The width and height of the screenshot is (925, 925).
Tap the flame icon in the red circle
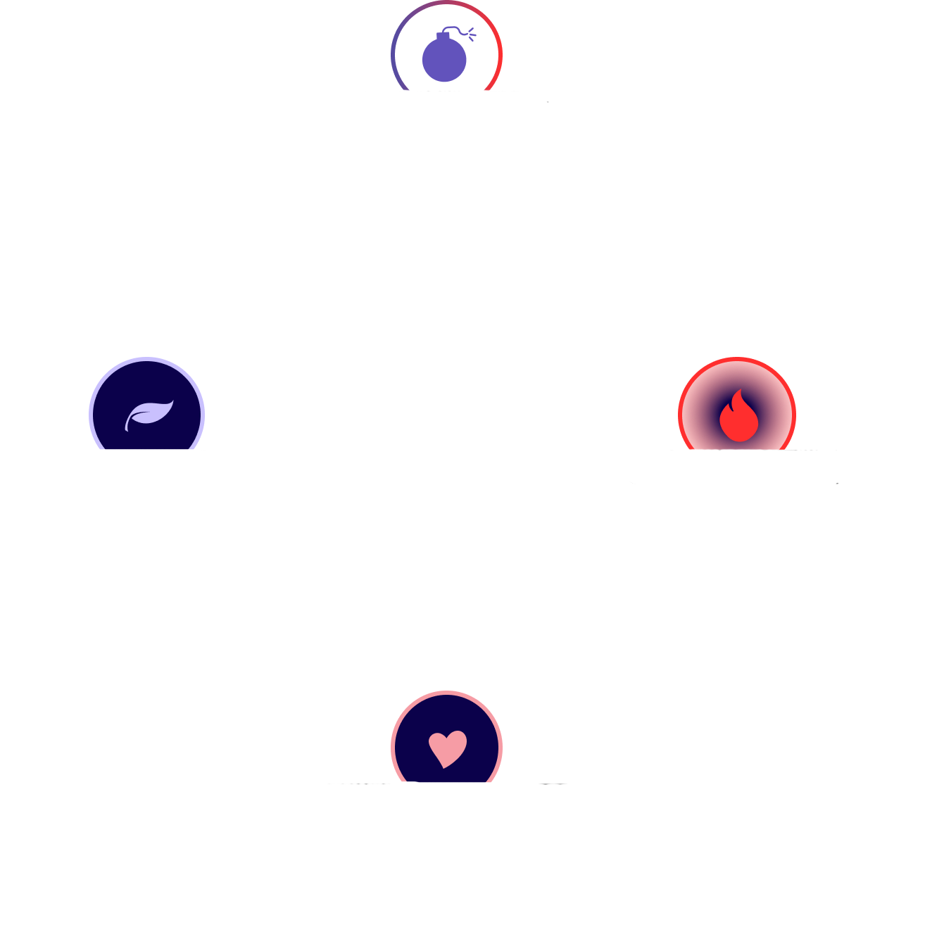point(738,415)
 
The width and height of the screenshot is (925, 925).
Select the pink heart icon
point(447,748)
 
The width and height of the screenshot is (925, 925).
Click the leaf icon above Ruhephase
point(149,415)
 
